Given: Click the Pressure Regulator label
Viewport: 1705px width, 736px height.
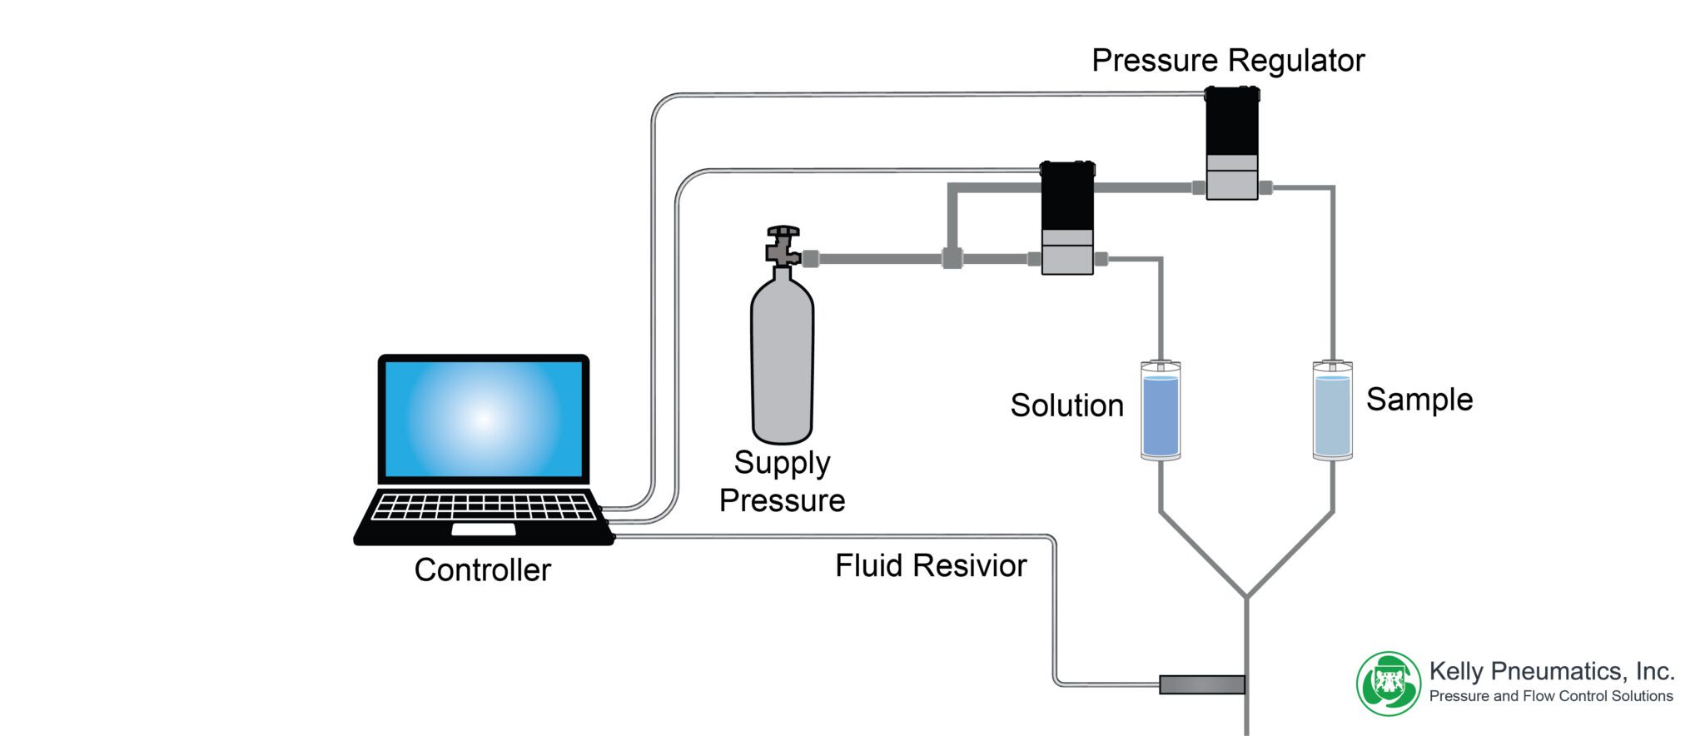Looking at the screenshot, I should pyautogui.click(x=1228, y=61).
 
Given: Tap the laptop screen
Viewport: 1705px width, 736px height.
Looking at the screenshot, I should pyautogui.click(x=484, y=419).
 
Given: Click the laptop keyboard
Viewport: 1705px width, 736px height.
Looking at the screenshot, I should pyautogui.click(x=484, y=506).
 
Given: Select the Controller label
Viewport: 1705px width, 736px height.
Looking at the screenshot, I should pyautogui.click(x=482, y=570).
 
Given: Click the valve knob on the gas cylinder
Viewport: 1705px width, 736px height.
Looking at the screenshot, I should pyautogui.click(x=783, y=232).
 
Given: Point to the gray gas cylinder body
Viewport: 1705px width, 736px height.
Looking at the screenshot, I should pyautogui.click(x=782, y=358).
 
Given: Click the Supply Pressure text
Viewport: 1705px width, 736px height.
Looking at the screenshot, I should pyautogui.click(x=782, y=481).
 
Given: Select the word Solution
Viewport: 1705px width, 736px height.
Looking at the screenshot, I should pyautogui.click(x=1066, y=405).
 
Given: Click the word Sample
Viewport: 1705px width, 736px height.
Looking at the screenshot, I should pyautogui.click(x=1419, y=400).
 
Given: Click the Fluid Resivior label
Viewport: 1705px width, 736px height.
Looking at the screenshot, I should pyautogui.click(x=931, y=566).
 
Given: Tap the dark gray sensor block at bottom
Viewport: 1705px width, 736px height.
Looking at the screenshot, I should pyautogui.click(x=1201, y=684).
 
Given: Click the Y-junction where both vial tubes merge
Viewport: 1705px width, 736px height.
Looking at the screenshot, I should pyautogui.click(x=1246, y=596).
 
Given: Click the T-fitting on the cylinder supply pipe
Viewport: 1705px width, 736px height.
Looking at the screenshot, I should pyautogui.click(x=952, y=258).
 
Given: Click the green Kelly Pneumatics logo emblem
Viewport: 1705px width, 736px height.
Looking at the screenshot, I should pyautogui.click(x=1388, y=684).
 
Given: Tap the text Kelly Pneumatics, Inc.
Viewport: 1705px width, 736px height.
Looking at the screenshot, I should pyautogui.click(x=1551, y=671).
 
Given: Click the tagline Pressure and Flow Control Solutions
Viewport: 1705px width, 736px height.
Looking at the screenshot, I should pyautogui.click(x=1551, y=696).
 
